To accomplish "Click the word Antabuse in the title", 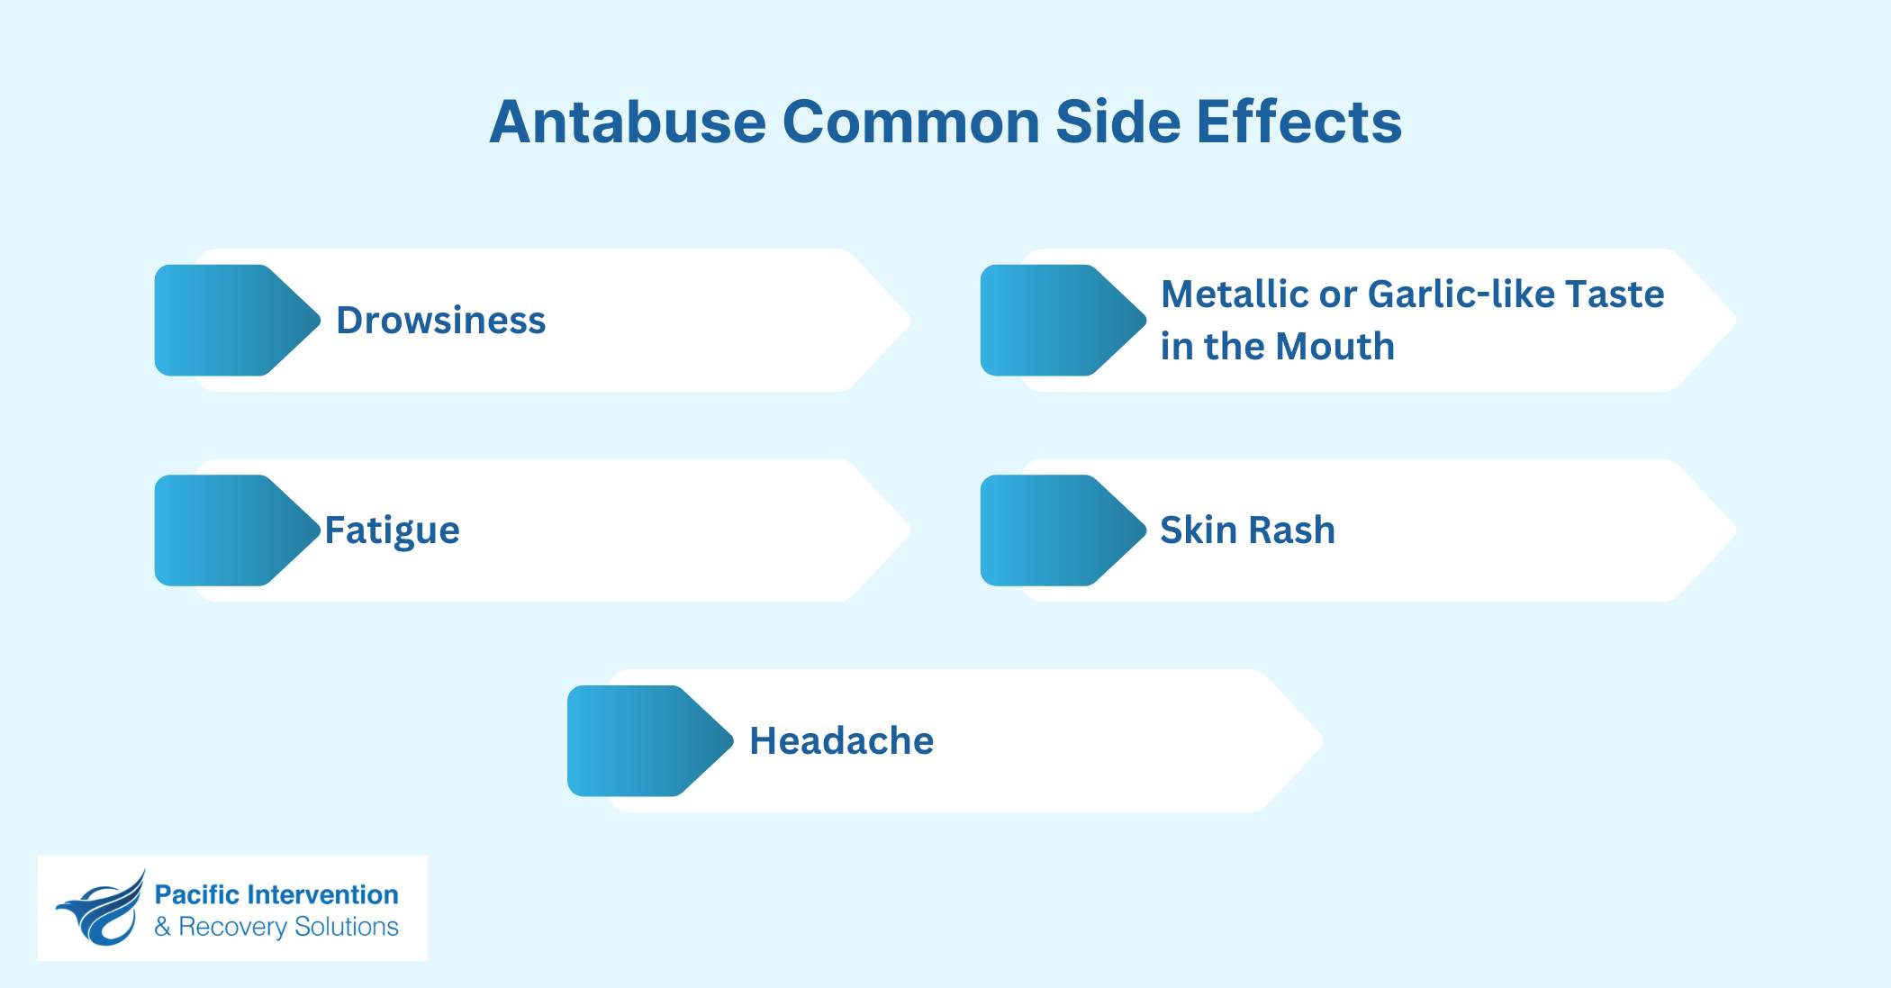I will pos(628,122).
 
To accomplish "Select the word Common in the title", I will pos(910,122).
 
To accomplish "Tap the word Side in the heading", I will pos(1117,122).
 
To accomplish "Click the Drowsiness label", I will pos(440,321).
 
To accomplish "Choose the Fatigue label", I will pos(392,530).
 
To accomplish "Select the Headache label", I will pos(841,741).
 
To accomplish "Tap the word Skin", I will pos(1198,530).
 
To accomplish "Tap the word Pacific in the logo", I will pos(196,894).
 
